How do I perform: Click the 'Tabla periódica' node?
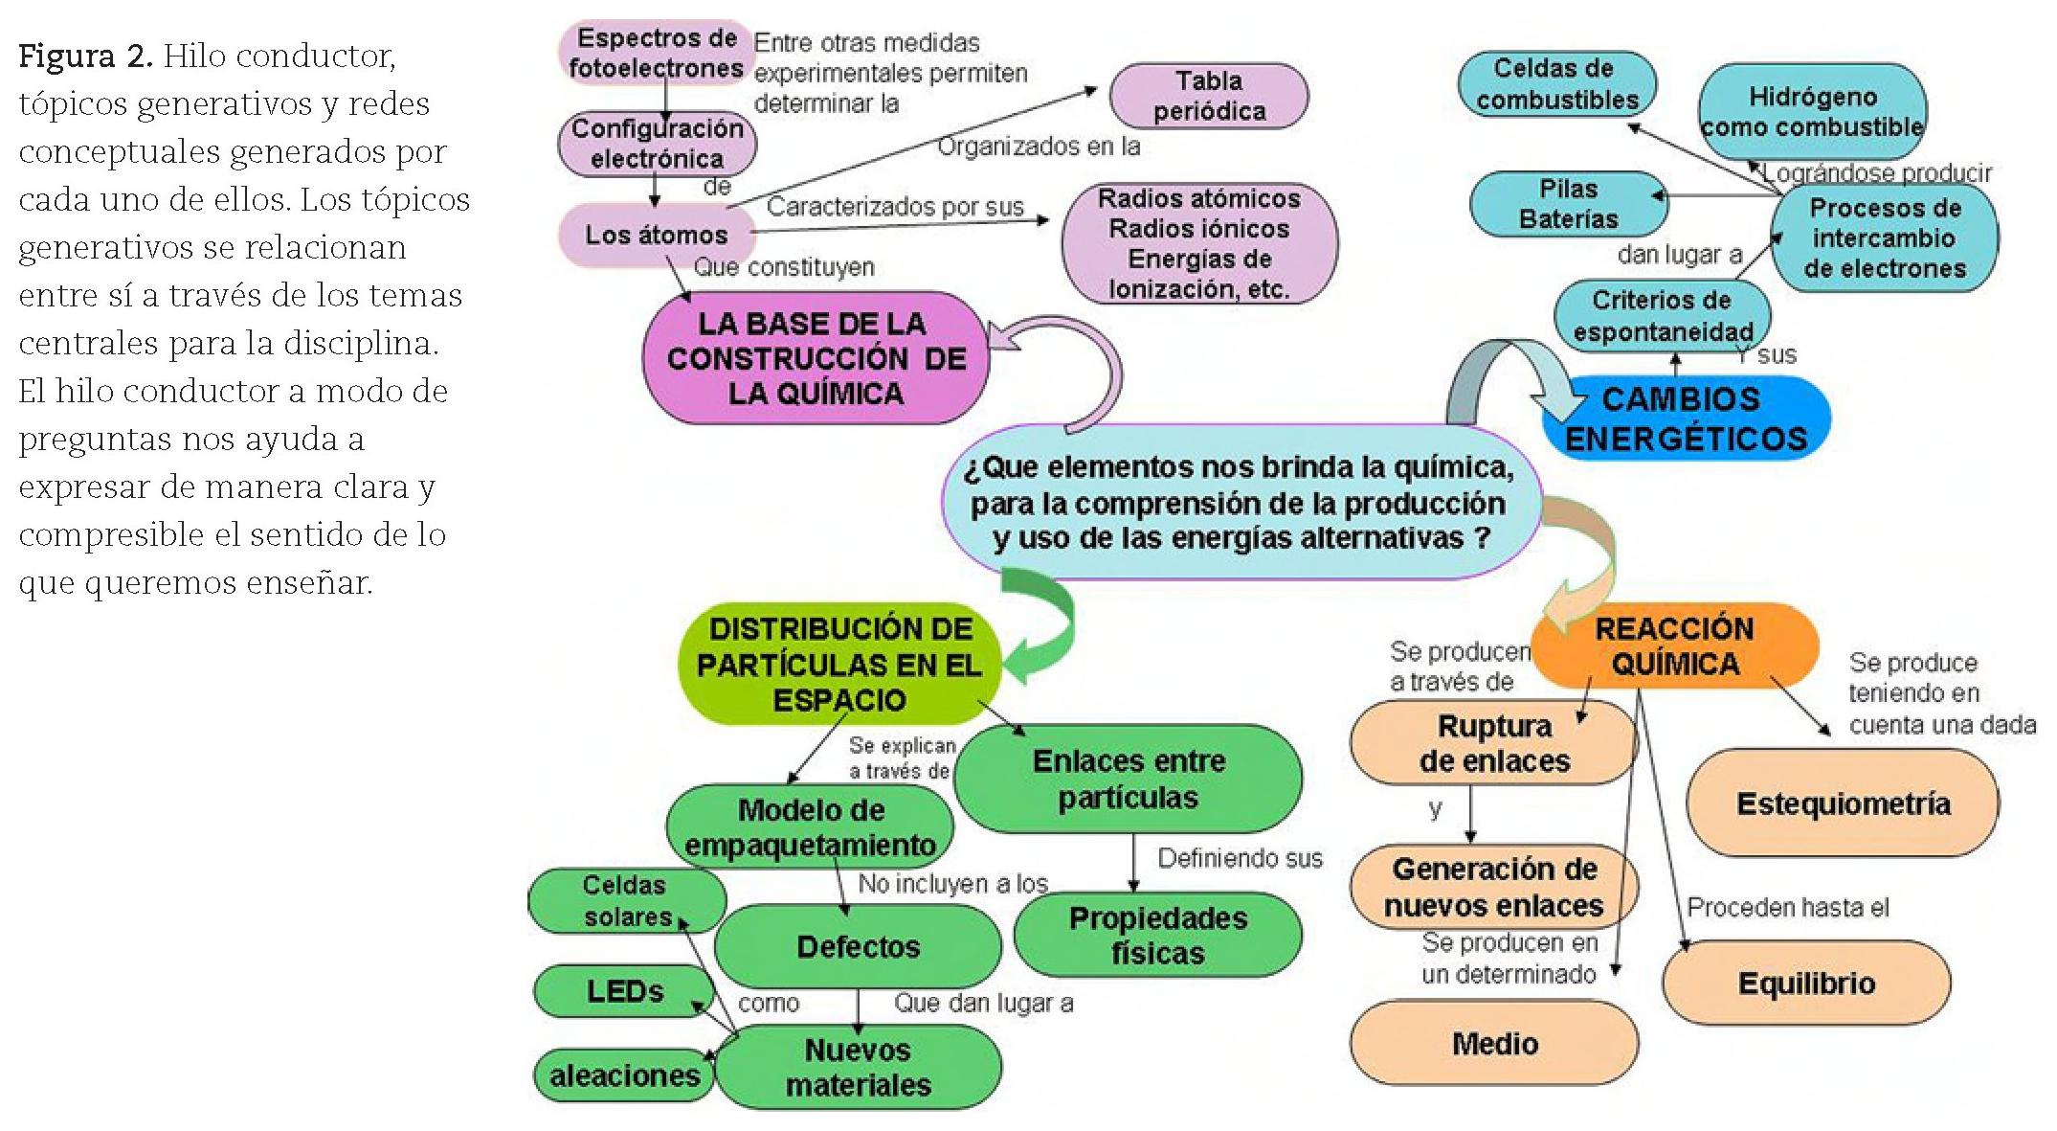click(1208, 96)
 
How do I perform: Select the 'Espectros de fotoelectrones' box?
click(656, 53)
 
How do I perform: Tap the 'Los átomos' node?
click(656, 235)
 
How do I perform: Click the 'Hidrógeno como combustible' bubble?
click(1812, 112)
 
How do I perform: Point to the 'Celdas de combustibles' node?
click(1556, 83)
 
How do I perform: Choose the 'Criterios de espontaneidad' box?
click(1662, 316)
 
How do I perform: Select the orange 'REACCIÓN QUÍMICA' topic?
click(1674, 645)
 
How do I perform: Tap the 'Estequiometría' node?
click(1843, 803)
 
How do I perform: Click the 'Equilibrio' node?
click(1806, 983)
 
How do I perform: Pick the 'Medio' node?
click(1494, 1043)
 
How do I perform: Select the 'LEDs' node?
click(624, 991)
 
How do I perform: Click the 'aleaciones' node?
click(624, 1075)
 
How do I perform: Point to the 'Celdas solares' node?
click(627, 900)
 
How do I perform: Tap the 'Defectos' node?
click(858, 946)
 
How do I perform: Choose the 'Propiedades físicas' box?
click(1157, 935)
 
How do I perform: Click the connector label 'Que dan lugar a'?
click(983, 1003)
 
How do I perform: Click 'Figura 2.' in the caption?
click(85, 57)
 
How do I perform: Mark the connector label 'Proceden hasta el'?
click(1787, 907)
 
